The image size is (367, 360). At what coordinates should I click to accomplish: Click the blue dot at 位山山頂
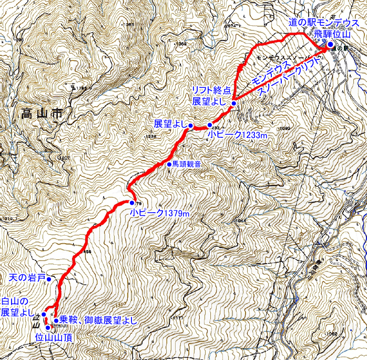coord(48,328)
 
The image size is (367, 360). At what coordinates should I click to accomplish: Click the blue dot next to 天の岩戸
coord(48,279)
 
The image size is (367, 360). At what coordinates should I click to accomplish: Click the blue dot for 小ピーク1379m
coord(131,203)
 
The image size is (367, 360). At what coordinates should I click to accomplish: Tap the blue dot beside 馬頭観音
coord(169,164)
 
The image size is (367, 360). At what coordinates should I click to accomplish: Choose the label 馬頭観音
coord(187,164)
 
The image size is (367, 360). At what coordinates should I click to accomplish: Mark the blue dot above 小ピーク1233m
coord(210,125)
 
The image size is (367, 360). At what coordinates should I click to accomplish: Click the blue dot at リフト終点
coord(233,104)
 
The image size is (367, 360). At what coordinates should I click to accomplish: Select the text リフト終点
coord(211,91)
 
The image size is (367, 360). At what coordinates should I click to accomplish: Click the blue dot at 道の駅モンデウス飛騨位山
coord(330,45)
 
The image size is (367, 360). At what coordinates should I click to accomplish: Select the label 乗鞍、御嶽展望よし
coord(98,320)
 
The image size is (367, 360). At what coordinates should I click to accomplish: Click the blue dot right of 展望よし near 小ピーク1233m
coord(190,125)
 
